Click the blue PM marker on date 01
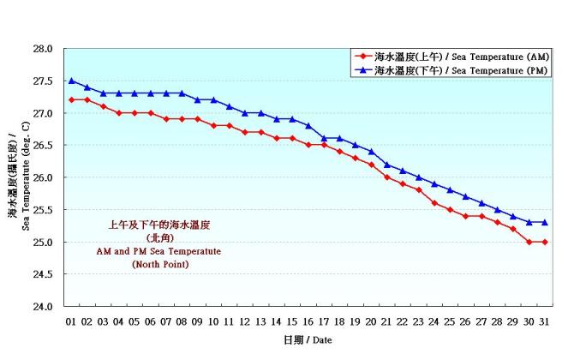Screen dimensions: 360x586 click(72, 81)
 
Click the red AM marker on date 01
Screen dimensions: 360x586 click(72, 99)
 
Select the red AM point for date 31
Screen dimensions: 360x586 click(544, 242)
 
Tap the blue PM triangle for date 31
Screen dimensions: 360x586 click(544, 222)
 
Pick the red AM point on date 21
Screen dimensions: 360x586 click(387, 177)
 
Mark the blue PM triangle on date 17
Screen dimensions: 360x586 click(324, 138)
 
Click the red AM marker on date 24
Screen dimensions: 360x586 click(434, 202)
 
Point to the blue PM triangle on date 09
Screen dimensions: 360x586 click(198, 99)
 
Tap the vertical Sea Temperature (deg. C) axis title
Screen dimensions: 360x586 click(21, 177)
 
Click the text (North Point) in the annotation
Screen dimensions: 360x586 click(159, 265)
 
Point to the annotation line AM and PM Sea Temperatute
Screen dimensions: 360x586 click(159, 251)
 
